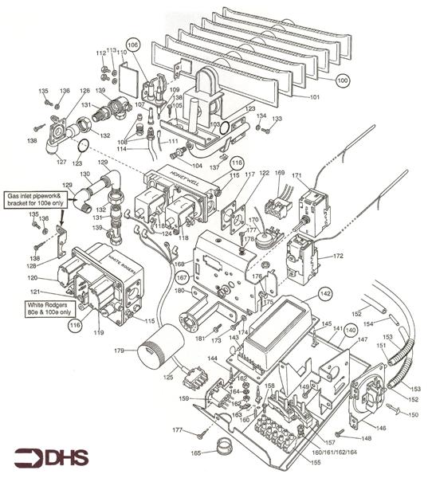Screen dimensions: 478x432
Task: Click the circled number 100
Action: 342,80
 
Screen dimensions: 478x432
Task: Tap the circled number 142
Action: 325,294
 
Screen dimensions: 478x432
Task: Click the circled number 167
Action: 182,278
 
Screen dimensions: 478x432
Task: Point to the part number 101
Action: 315,97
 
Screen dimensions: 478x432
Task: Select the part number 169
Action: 279,173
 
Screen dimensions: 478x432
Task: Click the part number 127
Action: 61,161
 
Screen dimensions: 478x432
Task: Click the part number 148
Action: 367,438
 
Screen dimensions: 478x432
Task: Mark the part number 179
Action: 118,350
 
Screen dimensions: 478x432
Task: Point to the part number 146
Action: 381,428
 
